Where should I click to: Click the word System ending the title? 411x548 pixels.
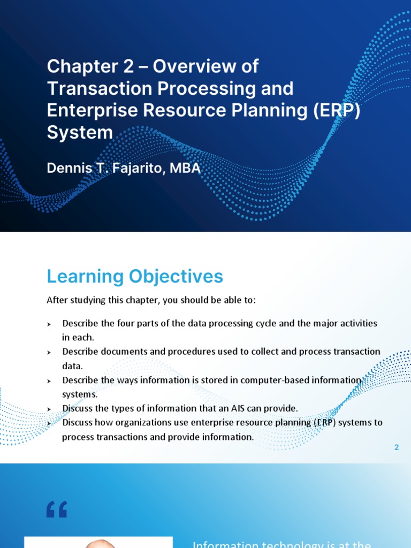pos(80,132)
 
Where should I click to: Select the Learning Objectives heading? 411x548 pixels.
pos(135,277)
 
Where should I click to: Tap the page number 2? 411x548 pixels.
pos(397,447)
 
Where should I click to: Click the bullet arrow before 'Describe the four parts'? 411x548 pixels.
pos(49,324)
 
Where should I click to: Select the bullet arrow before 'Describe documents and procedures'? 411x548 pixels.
pos(49,353)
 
